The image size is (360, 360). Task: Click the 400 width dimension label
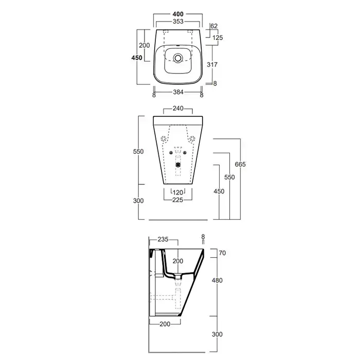click(178, 14)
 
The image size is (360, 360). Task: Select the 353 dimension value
click(178, 22)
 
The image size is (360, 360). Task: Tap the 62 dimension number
click(214, 26)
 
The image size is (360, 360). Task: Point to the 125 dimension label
click(218, 38)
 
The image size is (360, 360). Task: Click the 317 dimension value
click(212, 64)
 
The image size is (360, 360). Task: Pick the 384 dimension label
click(178, 92)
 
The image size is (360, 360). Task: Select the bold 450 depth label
click(137, 58)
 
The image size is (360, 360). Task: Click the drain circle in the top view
click(178, 58)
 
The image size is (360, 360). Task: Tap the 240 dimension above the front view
click(178, 109)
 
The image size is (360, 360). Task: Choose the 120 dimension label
click(178, 192)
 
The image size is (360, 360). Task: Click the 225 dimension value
click(178, 200)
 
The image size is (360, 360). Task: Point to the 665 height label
click(240, 165)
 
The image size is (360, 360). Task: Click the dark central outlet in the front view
click(178, 165)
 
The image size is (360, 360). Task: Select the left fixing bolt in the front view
click(171, 153)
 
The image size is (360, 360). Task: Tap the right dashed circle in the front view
click(192, 138)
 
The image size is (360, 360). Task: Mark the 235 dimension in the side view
click(163, 240)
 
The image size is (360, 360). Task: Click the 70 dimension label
click(222, 253)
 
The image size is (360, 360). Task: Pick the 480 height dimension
click(217, 280)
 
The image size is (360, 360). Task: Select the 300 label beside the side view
click(217, 334)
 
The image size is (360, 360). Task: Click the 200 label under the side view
click(165, 324)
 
